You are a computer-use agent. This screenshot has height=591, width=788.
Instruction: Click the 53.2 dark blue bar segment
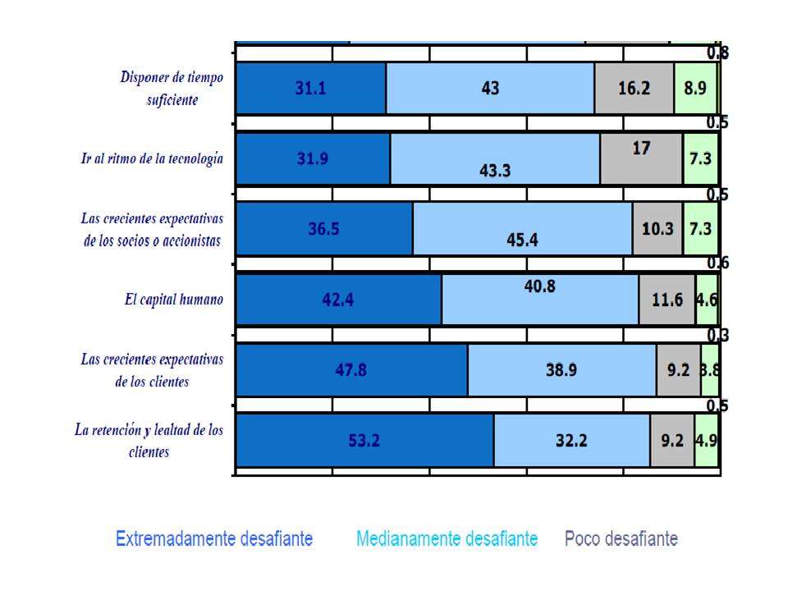364,440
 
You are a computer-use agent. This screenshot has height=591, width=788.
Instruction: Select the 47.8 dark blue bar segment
351,369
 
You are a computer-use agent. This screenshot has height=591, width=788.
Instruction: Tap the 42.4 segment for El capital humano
338,300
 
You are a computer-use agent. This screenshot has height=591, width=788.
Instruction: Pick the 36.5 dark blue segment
324,229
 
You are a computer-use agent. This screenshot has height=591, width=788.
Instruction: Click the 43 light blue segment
490,89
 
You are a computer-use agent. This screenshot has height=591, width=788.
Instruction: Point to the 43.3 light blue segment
495,159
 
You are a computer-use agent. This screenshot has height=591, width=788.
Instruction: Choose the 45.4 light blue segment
522,229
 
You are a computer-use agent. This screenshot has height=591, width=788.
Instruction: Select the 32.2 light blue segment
571,440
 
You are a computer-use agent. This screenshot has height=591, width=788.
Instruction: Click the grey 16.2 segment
634,89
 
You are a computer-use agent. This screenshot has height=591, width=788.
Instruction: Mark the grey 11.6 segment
667,300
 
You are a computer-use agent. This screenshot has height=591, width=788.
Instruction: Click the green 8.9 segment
695,89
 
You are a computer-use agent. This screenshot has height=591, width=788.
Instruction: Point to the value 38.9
561,370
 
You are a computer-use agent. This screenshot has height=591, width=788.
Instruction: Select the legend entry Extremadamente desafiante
214,539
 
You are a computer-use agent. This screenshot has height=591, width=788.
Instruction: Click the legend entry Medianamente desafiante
447,539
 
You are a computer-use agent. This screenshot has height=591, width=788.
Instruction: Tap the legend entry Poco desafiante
621,539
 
